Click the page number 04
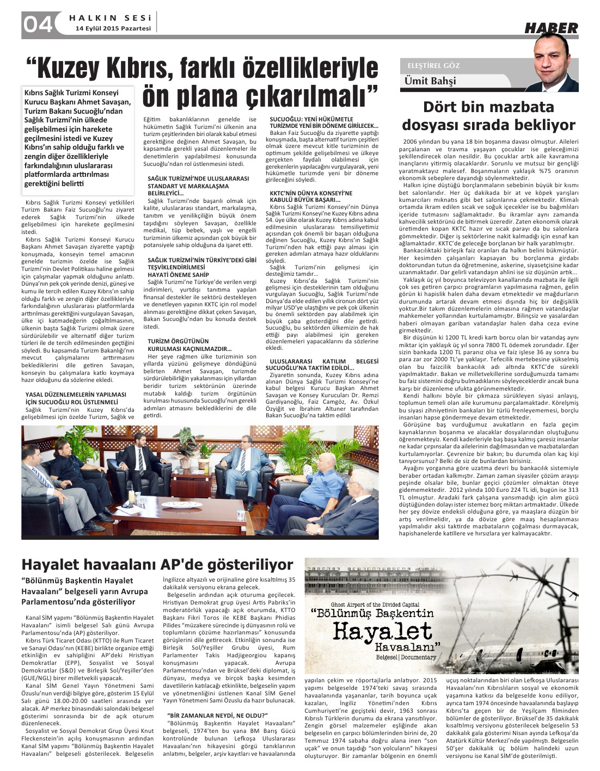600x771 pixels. pos(38,24)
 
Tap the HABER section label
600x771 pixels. pos(550,28)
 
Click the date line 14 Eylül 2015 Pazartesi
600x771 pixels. pos(113,28)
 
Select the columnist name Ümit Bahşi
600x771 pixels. pos(430,81)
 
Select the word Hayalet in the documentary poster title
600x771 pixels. pos(382,631)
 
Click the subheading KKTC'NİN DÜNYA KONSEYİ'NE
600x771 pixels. pos(310,193)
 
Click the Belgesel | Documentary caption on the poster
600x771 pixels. pos(406,657)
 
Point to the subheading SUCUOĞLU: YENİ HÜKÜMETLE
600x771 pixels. pos(311,119)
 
